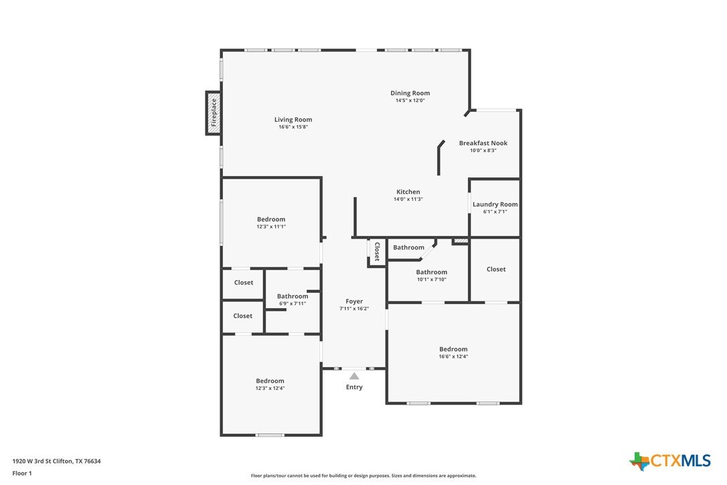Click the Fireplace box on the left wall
coord(214,113)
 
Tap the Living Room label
coord(293,119)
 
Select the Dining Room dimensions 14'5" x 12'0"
coord(410,100)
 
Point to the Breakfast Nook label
coord(483,143)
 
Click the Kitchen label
coord(408,192)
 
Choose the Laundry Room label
coord(495,204)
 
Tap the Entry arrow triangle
coord(354,376)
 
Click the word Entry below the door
coord(354,387)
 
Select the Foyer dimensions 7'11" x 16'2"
coord(354,309)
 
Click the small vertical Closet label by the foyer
coord(377,252)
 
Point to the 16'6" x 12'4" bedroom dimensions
coord(453,356)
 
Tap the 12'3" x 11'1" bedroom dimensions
coord(271,226)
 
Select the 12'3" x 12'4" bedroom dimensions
coord(270,388)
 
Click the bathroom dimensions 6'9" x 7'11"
coord(293,303)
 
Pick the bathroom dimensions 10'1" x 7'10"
coord(432,279)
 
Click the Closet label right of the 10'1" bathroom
coord(496,269)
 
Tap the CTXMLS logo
coord(669,461)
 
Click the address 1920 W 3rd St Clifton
coord(43,461)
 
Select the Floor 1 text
coord(22,474)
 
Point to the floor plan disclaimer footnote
coord(363,476)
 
